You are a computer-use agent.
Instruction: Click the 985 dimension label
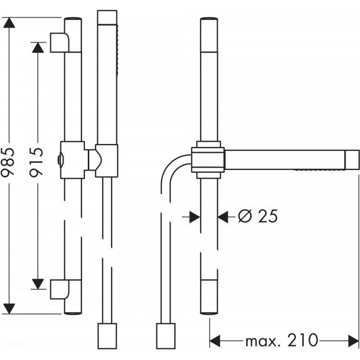click(x=8, y=162)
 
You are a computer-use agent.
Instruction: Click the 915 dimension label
click(x=36, y=162)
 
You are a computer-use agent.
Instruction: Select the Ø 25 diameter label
click(x=258, y=216)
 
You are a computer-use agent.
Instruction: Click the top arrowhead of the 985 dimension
click(x=9, y=23)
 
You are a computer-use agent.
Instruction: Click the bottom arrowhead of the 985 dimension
click(x=9, y=309)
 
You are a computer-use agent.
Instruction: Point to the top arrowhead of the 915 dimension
click(x=38, y=48)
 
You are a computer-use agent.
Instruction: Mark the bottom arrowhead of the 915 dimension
click(x=38, y=284)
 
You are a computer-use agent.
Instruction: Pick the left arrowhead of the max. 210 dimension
click(x=215, y=341)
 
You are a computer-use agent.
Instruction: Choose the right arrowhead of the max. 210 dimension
click(x=353, y=341)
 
